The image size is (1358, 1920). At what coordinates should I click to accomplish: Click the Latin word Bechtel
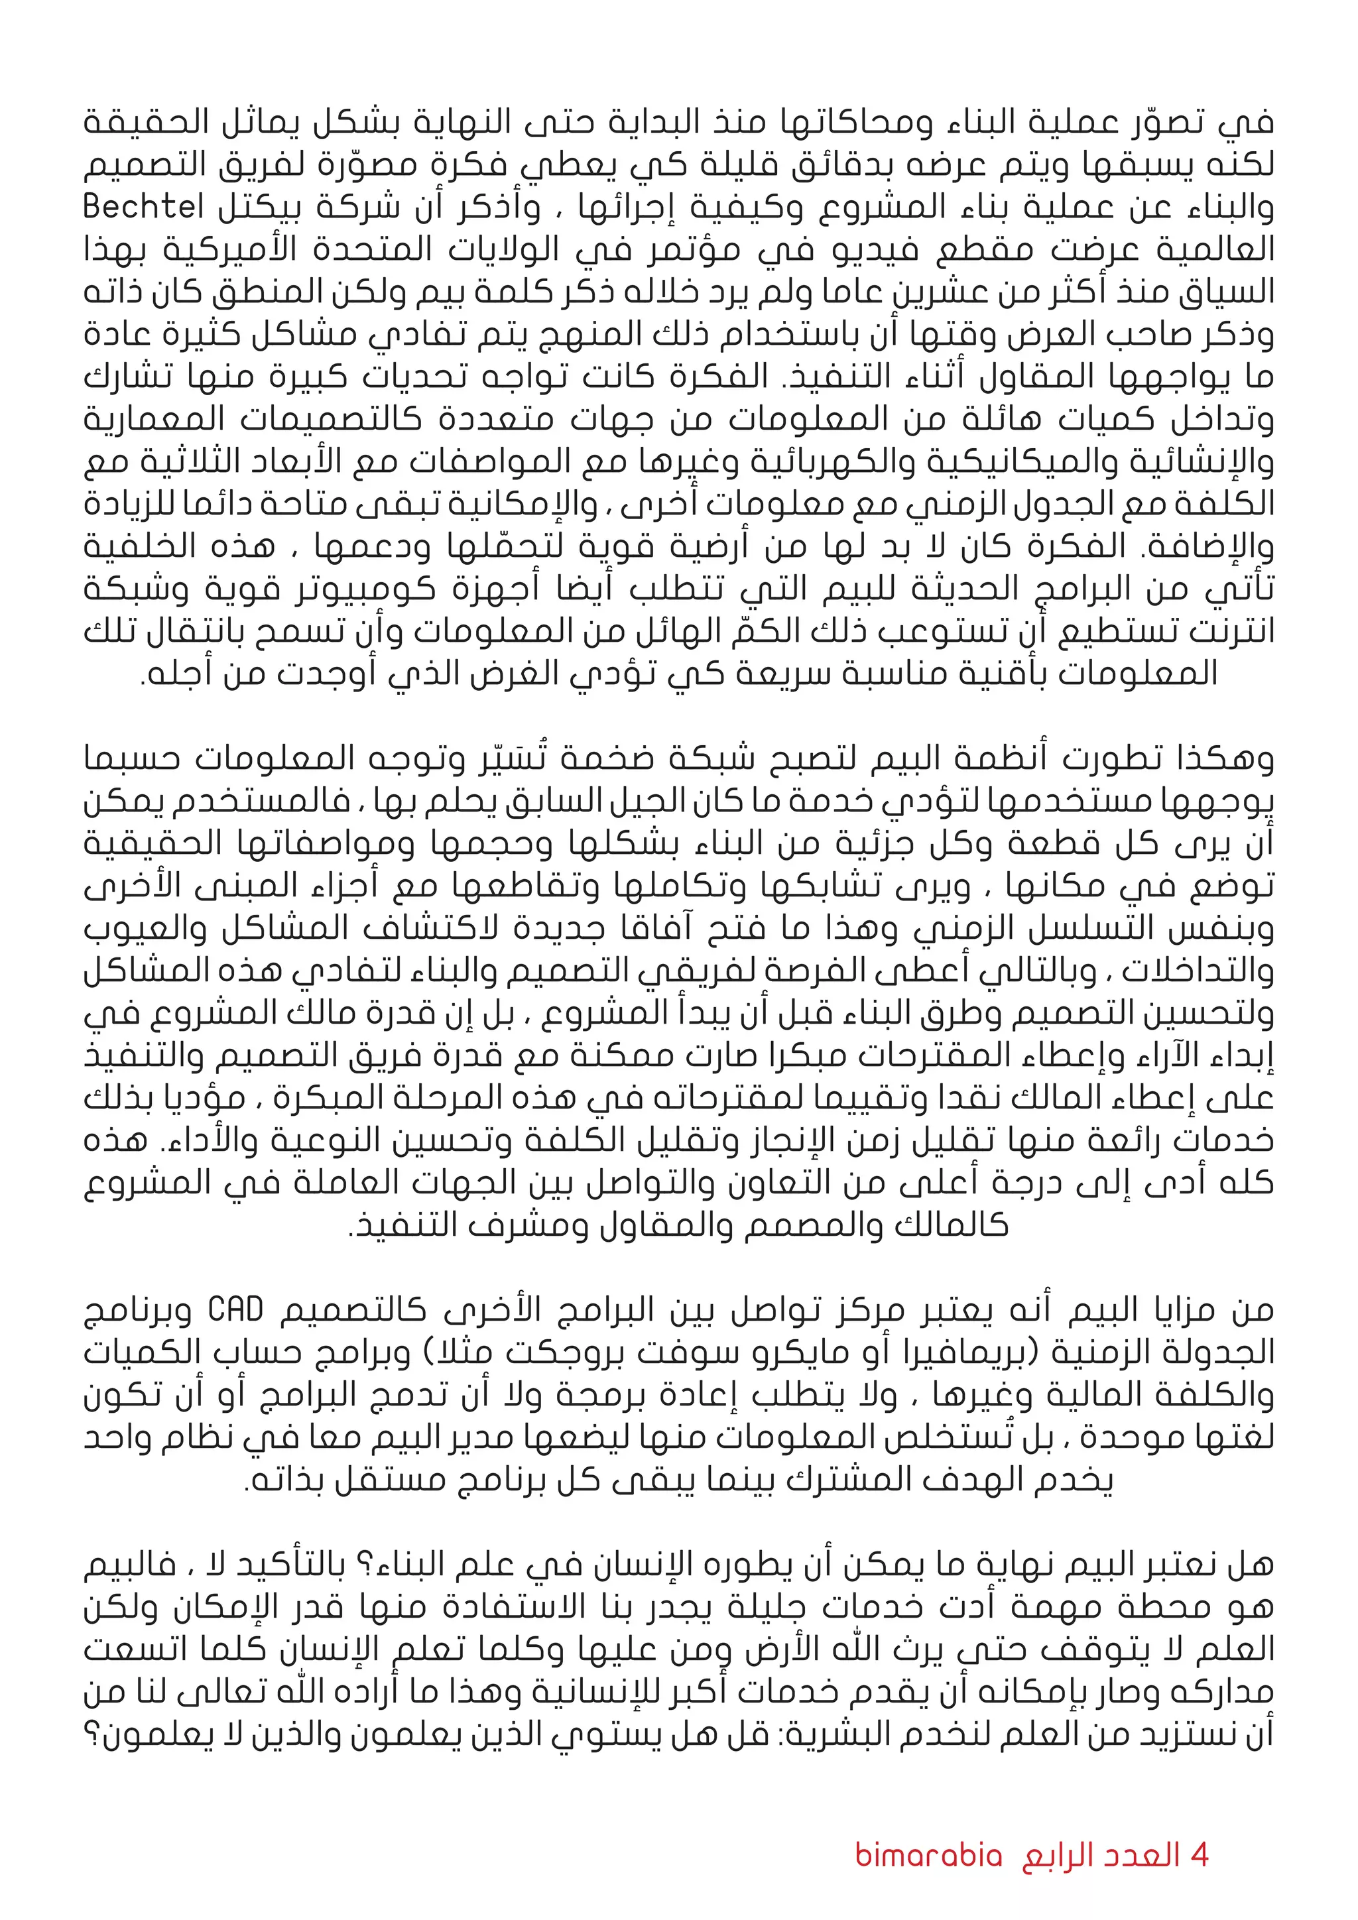[143, 208]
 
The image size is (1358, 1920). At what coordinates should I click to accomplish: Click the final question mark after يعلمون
[90, 1734]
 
